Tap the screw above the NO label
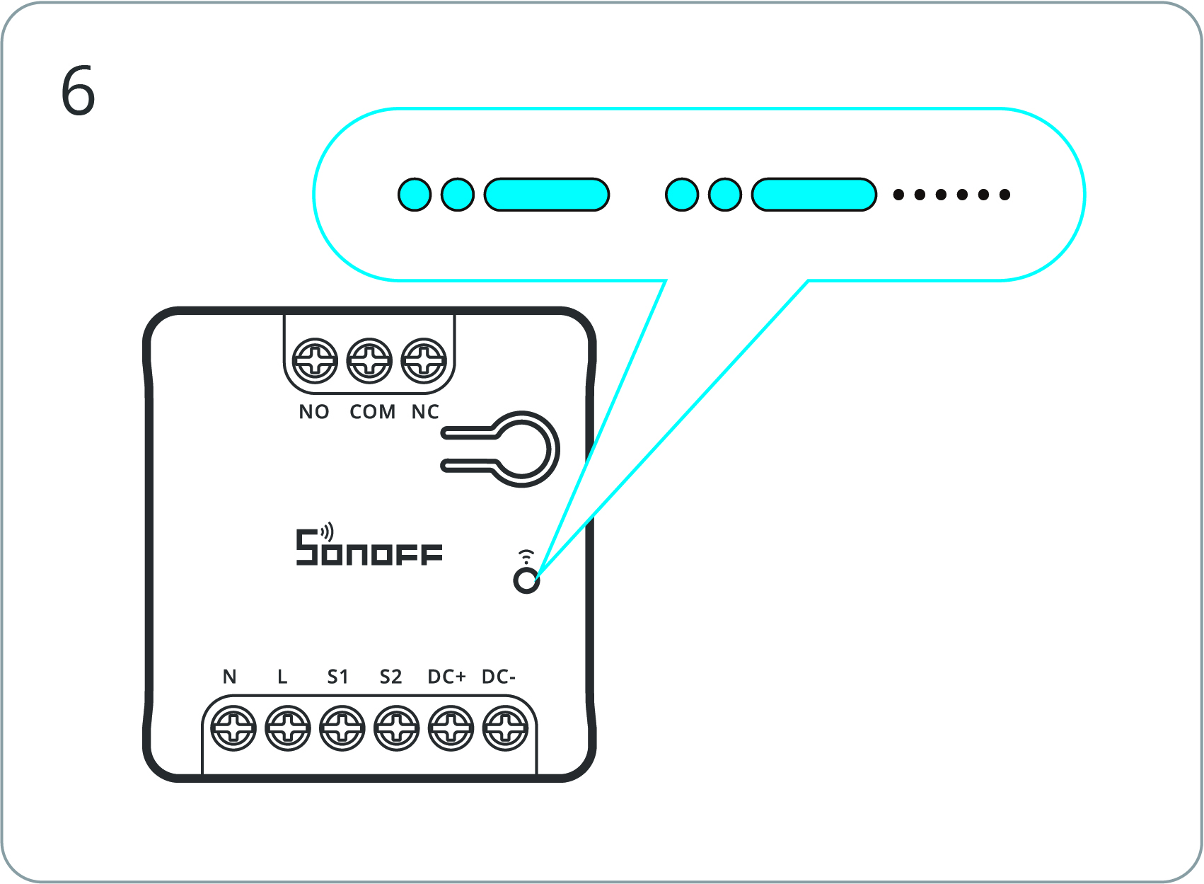coord(315,361)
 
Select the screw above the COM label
coord(369,361)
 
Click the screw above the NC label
coord(424,361)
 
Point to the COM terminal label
coord(372,412)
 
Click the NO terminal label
coord(314,412)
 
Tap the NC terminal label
coord(425,412)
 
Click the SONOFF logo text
coord(369,548)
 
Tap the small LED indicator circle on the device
coord(526,581)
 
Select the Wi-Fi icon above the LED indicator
coord(526,556)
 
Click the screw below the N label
coord(233,728)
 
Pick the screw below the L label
coord(288,728)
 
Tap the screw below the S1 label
coord(342,728)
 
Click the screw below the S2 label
coord(396,728)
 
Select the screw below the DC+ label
coord(451,728)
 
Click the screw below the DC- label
coord(505,728)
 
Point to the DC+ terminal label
coord(446,677)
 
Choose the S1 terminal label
coord(337,677)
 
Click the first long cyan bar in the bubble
coord(546,195)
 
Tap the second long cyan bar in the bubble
coord(814,195)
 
